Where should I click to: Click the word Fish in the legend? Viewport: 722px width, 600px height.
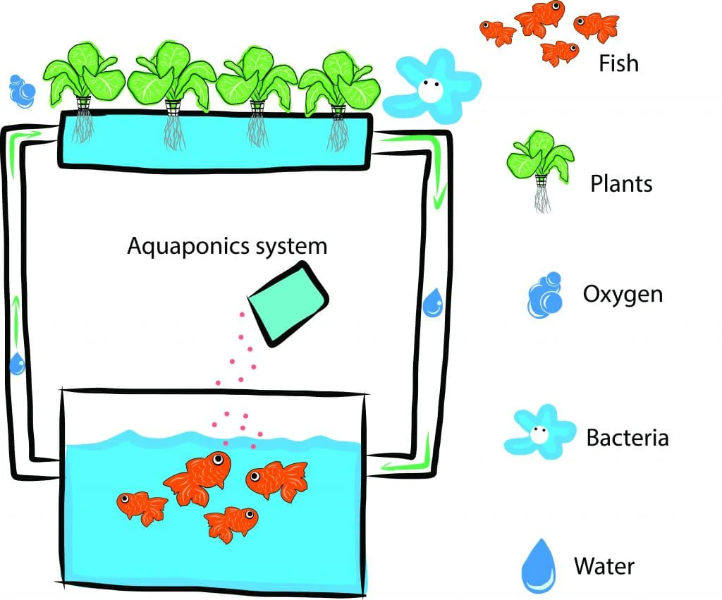(618, 63)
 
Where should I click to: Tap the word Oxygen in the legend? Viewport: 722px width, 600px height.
(623, 293)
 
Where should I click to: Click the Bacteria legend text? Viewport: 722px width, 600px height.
(627, 438)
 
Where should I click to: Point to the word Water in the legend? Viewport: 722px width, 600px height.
(604, 565)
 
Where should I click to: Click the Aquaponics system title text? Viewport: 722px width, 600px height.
(227, 246)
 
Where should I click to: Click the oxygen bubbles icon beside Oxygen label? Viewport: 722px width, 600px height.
(545, 295)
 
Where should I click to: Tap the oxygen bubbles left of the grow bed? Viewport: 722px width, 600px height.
(23, 89)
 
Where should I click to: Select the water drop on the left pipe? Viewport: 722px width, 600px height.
(17, 363)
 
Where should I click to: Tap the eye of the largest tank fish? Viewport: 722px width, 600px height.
(219, 459)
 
